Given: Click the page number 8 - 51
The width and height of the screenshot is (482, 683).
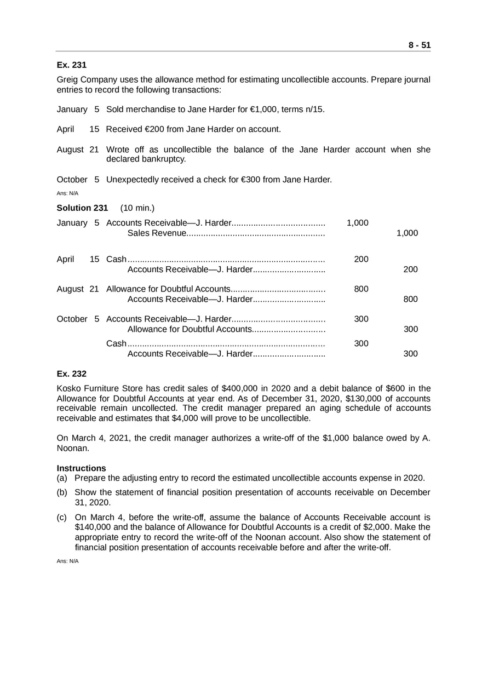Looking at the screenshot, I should coord(419,45).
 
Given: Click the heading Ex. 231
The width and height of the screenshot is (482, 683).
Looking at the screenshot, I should coord(72,65).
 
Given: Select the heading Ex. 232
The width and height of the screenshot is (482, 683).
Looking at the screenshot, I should coord(72,374).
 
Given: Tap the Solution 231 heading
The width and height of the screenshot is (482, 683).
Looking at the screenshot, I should coord(82,208).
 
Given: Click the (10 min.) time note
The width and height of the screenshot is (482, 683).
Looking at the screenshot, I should coord(137,208).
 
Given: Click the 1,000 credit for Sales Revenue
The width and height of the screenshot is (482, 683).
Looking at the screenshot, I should coord(407,233).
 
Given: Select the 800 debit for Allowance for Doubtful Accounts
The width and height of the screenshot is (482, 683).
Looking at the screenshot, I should coord(361,289).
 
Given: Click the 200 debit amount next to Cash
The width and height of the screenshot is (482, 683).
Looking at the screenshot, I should coord(361,259).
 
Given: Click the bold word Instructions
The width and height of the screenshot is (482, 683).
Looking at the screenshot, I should coord(82,468).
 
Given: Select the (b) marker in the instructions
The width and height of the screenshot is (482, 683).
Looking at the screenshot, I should coord(62,492).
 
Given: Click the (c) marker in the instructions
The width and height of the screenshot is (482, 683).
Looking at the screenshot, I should coord(62,518).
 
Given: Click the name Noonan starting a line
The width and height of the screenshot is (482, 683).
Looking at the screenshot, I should coord(73,448).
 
